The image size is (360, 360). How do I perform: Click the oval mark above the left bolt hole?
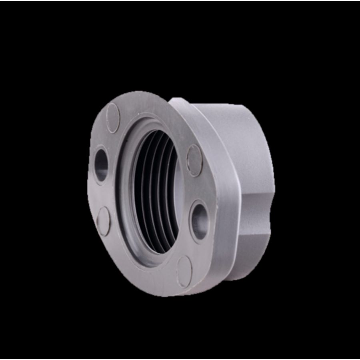pyautogui.click(x=114, y=117)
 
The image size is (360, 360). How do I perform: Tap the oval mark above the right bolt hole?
pyautogui.click(x=195, y=160)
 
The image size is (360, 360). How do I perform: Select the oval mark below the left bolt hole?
pyautogui.click(x=104, y=221)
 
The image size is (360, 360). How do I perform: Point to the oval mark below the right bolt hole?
pyautogui.click(x=185, y=271)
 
